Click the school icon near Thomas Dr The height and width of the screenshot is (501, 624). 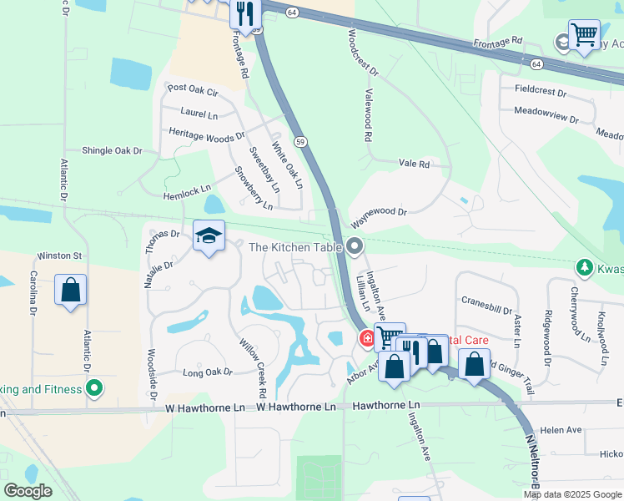[209, 235]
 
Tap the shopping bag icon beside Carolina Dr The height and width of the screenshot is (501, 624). [71, 291]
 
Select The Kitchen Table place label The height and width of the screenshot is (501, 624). [296, 246]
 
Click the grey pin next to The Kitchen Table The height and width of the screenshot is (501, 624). [356, 246]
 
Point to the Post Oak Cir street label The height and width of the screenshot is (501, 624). [193, 89]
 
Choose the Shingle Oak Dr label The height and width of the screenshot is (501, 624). [112, 150]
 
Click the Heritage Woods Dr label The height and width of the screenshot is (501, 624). [207, 134]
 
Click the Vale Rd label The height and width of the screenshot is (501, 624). [414, 164]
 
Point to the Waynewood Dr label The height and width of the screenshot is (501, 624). [379, 219]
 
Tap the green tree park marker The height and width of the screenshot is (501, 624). [585, 267]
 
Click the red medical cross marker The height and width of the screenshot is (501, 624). [366, 338]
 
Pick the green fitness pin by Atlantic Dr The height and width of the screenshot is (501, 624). [94, 388]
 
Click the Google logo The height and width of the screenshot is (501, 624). [28, 491]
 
